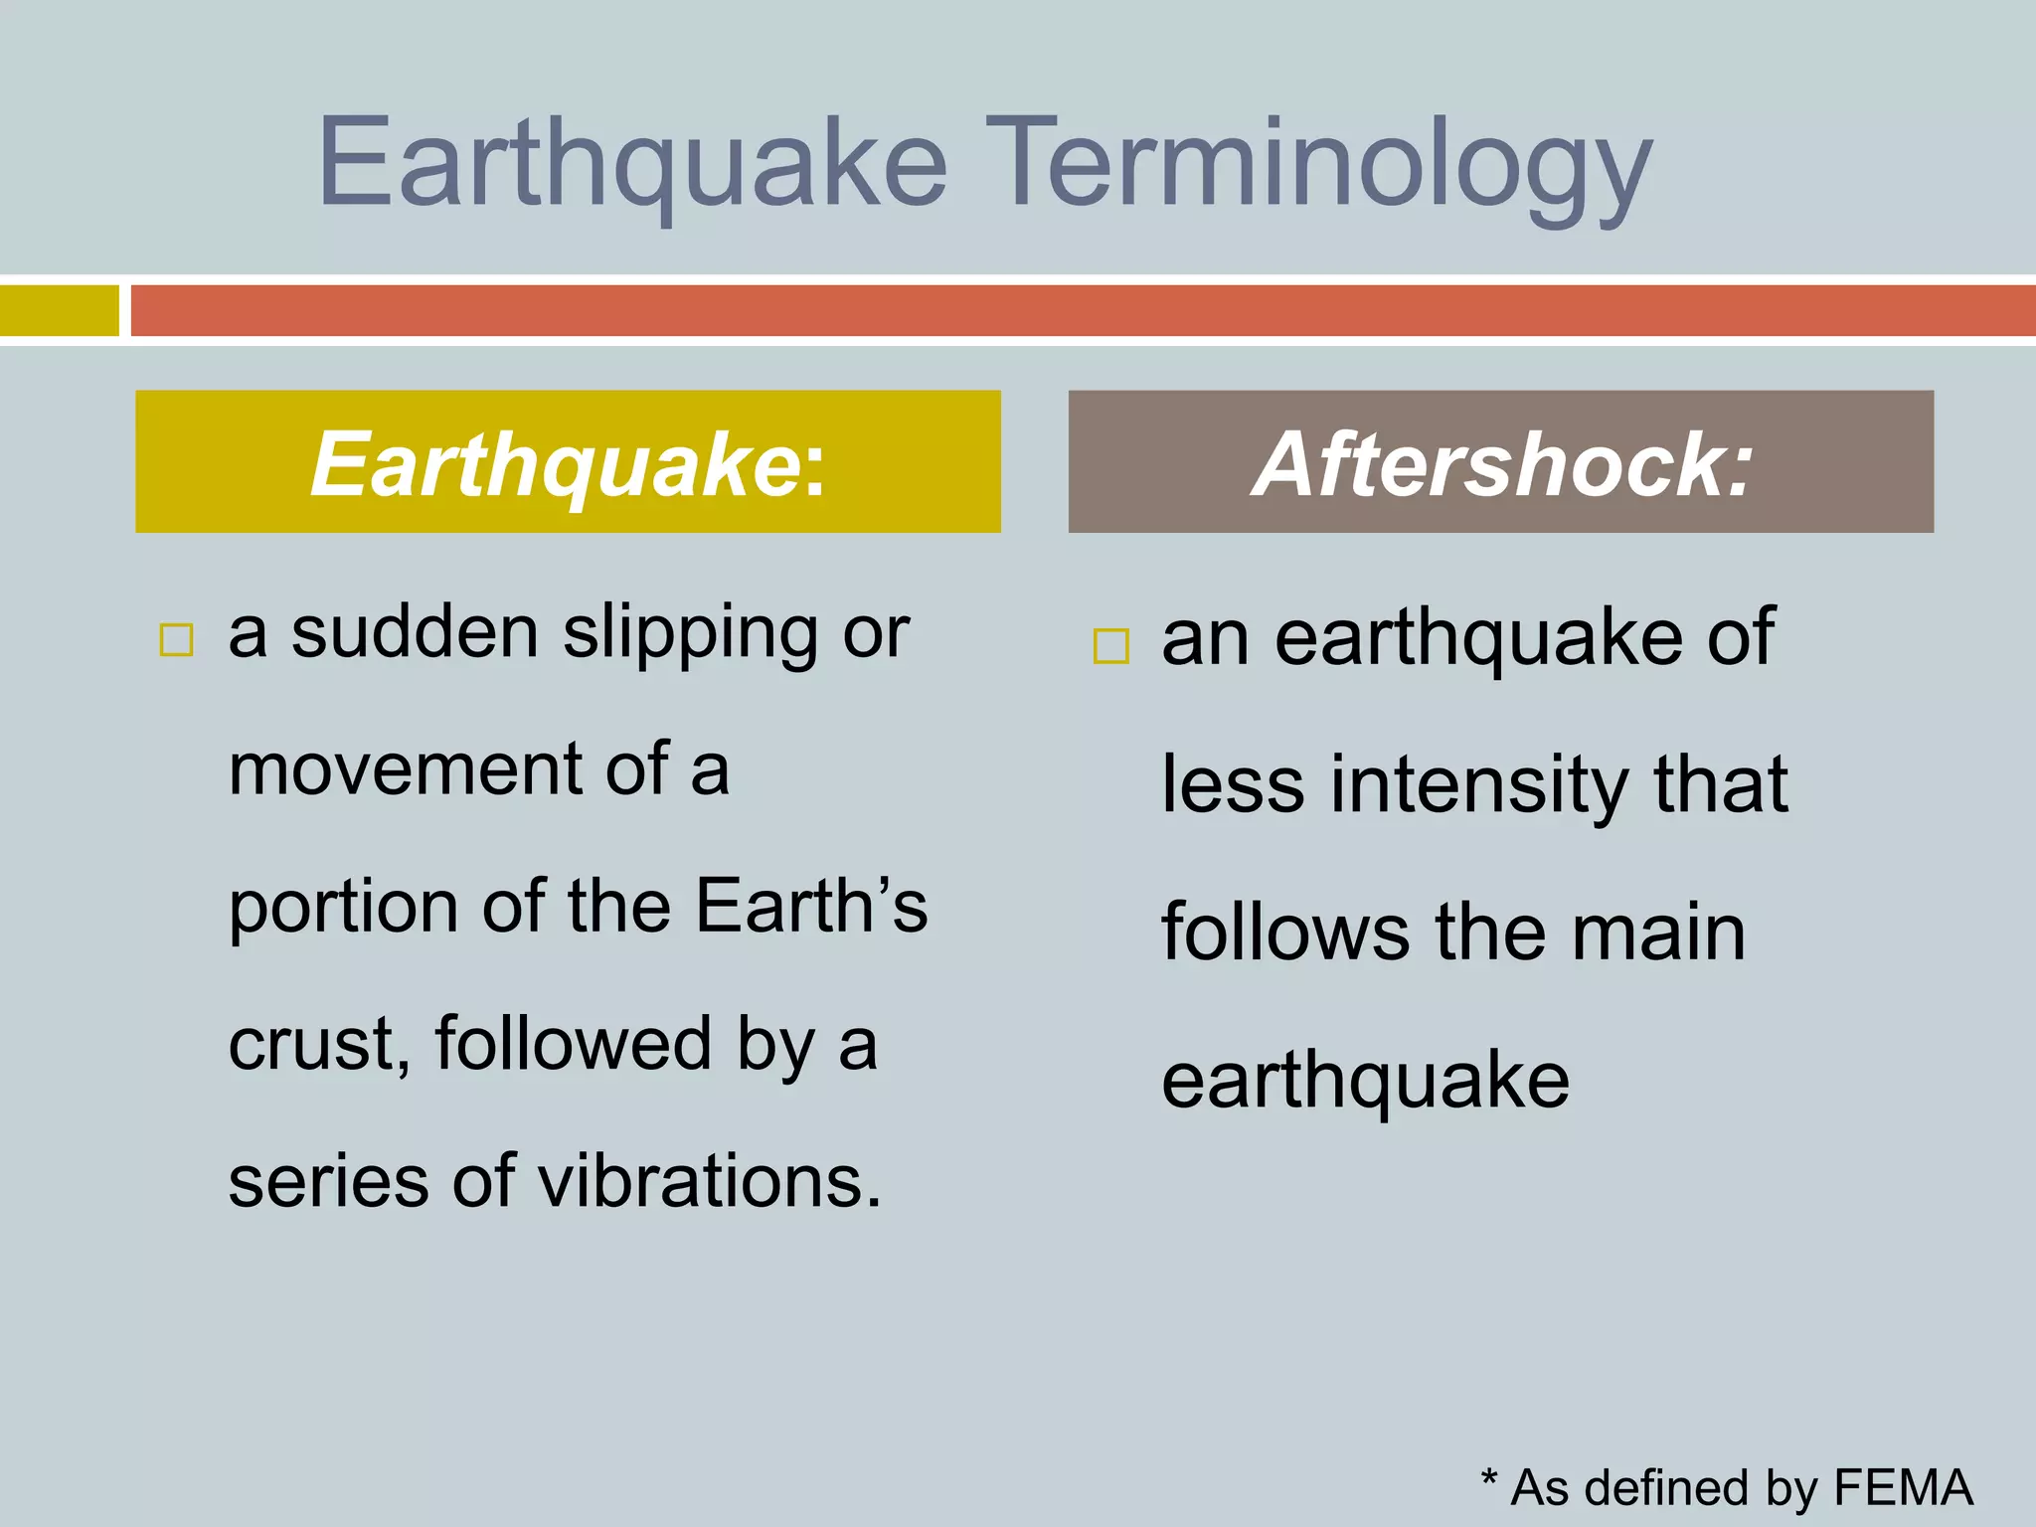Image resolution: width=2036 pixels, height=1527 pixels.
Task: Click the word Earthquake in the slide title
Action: click(632, 164)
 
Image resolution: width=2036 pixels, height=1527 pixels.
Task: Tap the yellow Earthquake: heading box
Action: click(568, 462)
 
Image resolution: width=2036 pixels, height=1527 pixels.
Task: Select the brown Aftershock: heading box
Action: click(1500, 462)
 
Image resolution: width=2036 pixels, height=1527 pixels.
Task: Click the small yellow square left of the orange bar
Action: click(59, 311)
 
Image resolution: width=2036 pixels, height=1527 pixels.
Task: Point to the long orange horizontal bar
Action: click(1082, 311)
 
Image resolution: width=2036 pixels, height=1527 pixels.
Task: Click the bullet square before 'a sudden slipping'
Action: click(176, 640)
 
